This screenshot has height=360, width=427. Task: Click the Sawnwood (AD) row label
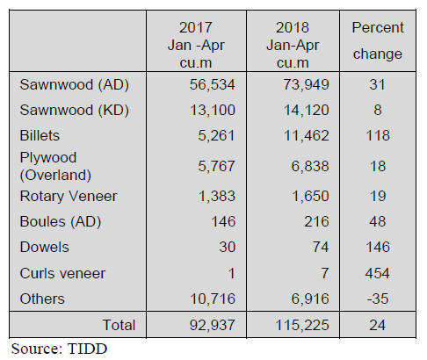(75, 85)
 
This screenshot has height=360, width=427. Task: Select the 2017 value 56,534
(212, 85)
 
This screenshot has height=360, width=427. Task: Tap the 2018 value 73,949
(306, 85)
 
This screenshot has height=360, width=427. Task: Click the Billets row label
(40, 135)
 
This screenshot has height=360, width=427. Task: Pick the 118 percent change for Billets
(378, 135)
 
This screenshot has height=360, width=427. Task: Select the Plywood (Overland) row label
(55, 166)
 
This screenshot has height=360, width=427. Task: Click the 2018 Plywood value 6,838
(310, 166)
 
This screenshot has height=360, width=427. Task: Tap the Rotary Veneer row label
(69, 196)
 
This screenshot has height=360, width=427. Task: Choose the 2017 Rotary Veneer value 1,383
(217, 196)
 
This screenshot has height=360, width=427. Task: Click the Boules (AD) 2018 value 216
(316, 221)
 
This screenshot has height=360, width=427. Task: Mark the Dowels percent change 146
(378, 247)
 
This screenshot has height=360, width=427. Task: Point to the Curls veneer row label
(62, 274)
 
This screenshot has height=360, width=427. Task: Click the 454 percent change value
(378, 274)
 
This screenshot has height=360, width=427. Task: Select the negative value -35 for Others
(378, 299)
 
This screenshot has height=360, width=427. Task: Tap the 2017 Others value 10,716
(213, 299)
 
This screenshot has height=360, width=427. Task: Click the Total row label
(119, 325)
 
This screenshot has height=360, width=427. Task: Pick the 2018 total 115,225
(302, 325)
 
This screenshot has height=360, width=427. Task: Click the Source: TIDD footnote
(59, 349)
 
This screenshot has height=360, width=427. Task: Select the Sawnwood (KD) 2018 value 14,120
(307, 111)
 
